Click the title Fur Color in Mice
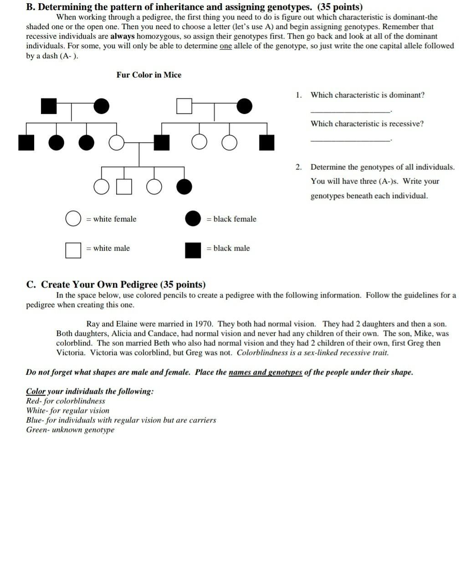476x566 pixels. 148,75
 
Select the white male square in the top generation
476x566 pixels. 184,106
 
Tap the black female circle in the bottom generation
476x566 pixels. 184,186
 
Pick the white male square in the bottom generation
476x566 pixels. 124,186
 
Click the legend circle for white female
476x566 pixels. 73,219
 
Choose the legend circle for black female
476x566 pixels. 193,219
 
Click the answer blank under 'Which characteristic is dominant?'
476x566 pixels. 350,111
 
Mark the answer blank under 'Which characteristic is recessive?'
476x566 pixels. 350,140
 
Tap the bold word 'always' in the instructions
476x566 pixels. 123,36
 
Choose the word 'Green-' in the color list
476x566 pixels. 38,430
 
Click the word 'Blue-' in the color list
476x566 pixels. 35,420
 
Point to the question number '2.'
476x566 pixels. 298,167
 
